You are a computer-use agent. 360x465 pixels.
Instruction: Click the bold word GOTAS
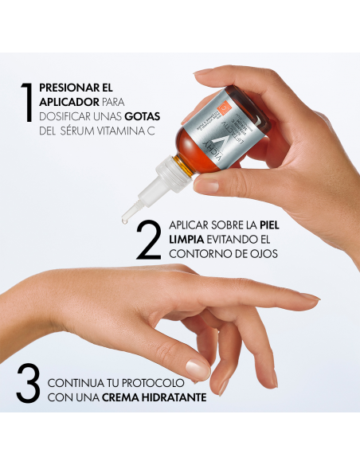click(129, 117)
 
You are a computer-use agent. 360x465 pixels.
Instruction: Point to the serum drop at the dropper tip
click(125, 221)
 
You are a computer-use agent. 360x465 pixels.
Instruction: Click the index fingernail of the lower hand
click(197, 369)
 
